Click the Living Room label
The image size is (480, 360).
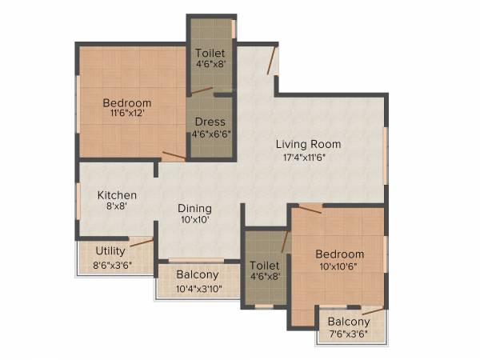point(308,144)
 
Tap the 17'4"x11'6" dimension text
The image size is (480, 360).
point(308,158)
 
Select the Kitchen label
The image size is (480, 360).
point(117,195)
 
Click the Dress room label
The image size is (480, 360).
point(210,122)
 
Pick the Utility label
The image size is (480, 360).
point(110,251)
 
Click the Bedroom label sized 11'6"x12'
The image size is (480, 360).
point(127,102)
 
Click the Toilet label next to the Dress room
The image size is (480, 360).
point(210,53)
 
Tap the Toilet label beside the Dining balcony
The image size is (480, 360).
point(264,265)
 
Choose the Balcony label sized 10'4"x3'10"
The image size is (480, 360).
point(198,276)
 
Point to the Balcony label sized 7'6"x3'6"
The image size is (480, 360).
point(349,322)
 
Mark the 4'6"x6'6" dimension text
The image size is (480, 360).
point(210,135)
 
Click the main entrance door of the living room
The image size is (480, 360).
point(272,62)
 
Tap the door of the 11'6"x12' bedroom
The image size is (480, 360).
point(173,156)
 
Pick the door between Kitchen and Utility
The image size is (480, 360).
point(142,242)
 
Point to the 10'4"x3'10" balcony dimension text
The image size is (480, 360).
point(198,289)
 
